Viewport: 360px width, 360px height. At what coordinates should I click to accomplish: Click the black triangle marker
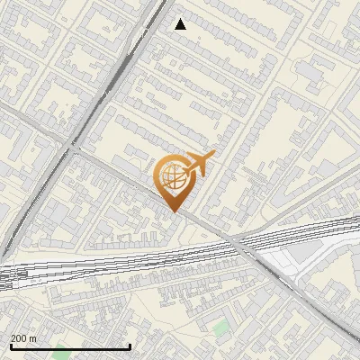[x=181, y=24]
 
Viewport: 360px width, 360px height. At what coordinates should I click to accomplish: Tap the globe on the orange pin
[x=174, y=176]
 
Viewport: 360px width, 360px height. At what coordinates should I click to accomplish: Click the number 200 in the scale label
[x=20, y=338]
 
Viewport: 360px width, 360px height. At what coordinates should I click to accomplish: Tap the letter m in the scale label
[x=33, y=338]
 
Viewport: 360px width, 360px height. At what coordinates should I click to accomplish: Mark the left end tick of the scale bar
[x=11, y=346]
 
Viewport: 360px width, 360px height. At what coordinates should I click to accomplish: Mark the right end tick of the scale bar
[x=130, y=346]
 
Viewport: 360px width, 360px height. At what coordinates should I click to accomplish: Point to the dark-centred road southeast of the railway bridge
[x=297, y=296]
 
